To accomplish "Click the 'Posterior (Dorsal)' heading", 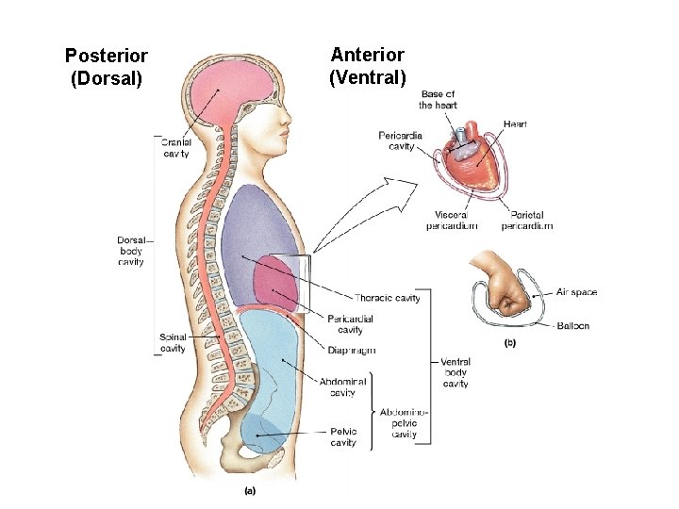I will pos(106,68).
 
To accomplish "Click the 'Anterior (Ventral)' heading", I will pos(367,66).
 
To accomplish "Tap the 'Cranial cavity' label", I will pos(176,147).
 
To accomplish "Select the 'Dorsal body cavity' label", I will pos(131,251).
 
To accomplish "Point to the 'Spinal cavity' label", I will pos(173,342).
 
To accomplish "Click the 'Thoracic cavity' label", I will pos(387,298).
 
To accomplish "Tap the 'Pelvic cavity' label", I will pos(343,437).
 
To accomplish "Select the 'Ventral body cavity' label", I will pos(455,372).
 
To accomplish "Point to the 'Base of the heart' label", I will pos(438,99).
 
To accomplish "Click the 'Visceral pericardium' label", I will pos(451,221).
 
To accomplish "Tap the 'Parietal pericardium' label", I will pos(526,221).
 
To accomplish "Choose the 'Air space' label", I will pos(576,292).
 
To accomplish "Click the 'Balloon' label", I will pos(572,325).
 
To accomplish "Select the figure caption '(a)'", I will pos(250,490).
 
